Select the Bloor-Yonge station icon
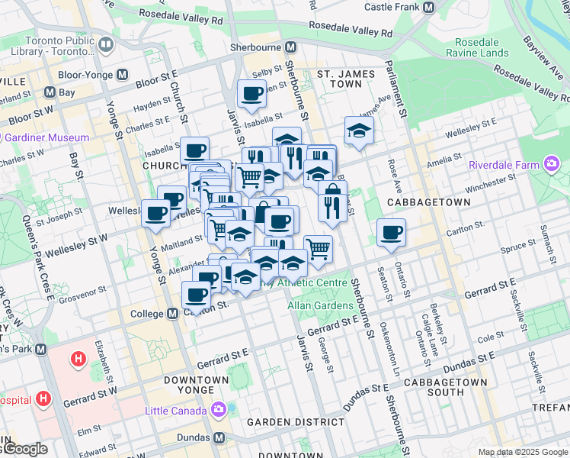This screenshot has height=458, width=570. tap(122, 76)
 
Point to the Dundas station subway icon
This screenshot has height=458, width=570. tap(219, 438)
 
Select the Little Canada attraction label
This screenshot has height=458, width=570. tap(176, 411)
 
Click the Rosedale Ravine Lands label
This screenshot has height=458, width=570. tap(481, 47)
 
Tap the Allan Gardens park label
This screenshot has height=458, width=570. tap(320, 305)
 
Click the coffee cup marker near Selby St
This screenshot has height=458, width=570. tap(251, 95)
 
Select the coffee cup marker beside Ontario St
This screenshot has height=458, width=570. tap(391, 233)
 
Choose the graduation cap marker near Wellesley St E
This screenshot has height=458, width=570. tap(359, 131)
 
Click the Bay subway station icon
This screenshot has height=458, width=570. tap(50, 92)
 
